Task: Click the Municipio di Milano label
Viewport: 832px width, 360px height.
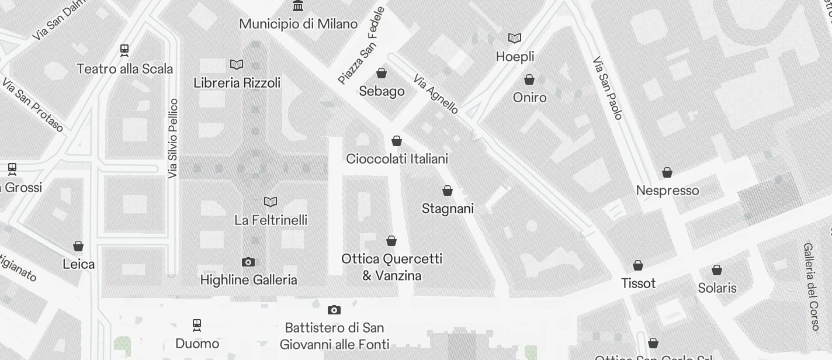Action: click(299, 25)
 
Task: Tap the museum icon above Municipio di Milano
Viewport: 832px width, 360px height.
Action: click(299, 6)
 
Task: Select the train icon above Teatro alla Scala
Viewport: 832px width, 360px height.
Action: click(124, 50)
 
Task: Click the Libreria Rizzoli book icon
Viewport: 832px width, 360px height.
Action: click(237, 64)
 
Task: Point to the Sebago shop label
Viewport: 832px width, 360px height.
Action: click(382, 91)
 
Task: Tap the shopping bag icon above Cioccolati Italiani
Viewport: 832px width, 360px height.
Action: click(397, 141)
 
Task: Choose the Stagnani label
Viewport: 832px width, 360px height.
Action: click(448, 209)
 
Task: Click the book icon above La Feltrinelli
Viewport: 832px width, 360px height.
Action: click(271, 202)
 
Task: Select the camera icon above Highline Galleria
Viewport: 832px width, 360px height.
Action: click(248, 262)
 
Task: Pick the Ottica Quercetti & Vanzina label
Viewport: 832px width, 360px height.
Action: click(391, 266)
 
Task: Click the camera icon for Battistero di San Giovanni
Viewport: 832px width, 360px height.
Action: click(334, 310)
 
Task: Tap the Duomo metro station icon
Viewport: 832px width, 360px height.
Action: click(197, 325)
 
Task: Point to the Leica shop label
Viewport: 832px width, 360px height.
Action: click(78, 264)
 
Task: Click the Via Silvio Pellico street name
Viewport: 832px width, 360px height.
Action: click(172, 139)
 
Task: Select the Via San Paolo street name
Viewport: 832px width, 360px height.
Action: click(608, 88)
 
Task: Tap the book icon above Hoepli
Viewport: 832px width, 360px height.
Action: click(515, 39)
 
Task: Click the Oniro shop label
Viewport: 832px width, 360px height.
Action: click(529, 98)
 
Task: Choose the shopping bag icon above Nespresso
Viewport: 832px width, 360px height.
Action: click(667, 172)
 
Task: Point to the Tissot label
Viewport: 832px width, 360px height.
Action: click(638, 283)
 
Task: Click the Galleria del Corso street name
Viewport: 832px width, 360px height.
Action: click(812, 286)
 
